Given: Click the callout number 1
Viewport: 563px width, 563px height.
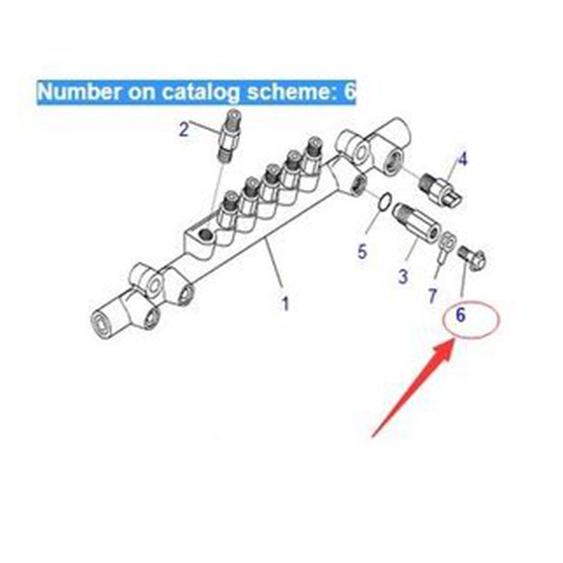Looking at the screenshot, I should click(x=285, y=304).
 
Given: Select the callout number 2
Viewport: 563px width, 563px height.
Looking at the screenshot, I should click(x=184, y=129).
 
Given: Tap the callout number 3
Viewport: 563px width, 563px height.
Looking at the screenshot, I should click(x=403, y=276).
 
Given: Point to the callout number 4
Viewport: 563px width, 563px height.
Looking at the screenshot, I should click(x=462, y=159).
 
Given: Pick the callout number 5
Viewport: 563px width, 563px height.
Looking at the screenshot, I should click(x=362, y=251).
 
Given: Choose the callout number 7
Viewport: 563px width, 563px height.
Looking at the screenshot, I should click(x=432, y=296).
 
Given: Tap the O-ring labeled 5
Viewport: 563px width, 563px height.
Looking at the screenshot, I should click(x=381, y=201).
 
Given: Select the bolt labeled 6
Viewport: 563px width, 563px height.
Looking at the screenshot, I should click(x=472, y=258).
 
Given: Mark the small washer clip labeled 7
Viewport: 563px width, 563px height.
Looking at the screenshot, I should click(x=445, y=245).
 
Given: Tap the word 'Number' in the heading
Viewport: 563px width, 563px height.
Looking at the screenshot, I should click(x=74, y=92).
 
